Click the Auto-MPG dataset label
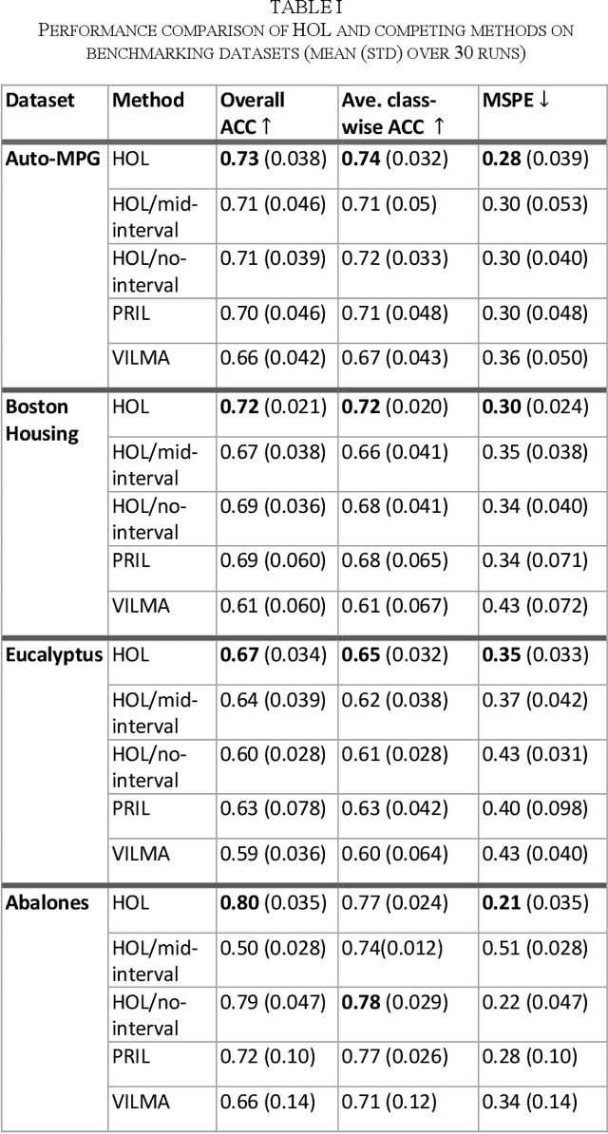click(x=53, y=160)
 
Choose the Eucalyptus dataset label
click(x=54, y=654)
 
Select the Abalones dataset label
click(x=47, y=902)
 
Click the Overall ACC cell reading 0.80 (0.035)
click(x=273, y=902)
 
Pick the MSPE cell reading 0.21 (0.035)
click(x=535, y=902)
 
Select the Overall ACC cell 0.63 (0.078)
click(x=273, y=808)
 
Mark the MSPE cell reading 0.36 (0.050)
click(x=535, y=358)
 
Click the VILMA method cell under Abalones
click(x=141, y=1102)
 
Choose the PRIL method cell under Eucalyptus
click(x=131, y=808)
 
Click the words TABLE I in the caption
click(x=303, y=9)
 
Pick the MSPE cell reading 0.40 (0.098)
click(x=535, y=808)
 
